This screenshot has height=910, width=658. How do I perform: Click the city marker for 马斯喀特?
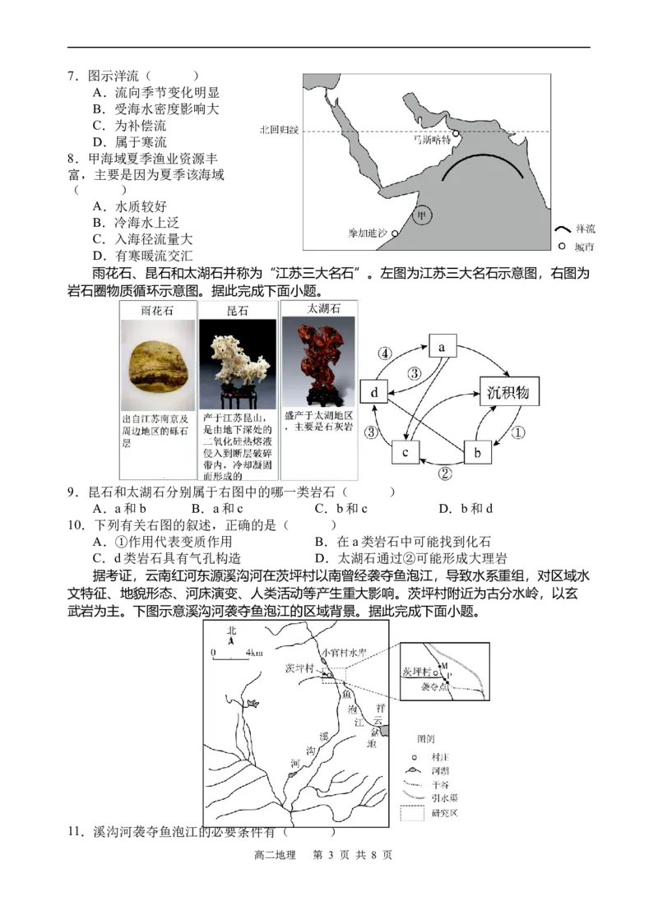pos(456,134)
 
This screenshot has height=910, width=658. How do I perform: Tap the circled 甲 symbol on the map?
pos(422,216)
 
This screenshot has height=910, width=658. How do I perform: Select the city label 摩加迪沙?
pos(368,233)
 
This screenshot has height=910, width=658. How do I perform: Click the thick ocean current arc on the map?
pos(481,160)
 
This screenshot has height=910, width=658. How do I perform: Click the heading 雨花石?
pos(158,311)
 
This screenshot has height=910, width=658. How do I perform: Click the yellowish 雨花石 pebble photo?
pos(158,365)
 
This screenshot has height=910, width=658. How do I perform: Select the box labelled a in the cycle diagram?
pos(443,347)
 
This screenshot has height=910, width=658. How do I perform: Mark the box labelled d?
pos(374,393)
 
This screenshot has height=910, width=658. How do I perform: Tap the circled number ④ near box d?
pos(384,354)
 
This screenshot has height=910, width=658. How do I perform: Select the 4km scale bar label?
pos(253,653)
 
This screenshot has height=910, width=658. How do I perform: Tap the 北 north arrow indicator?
pos(231,633)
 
